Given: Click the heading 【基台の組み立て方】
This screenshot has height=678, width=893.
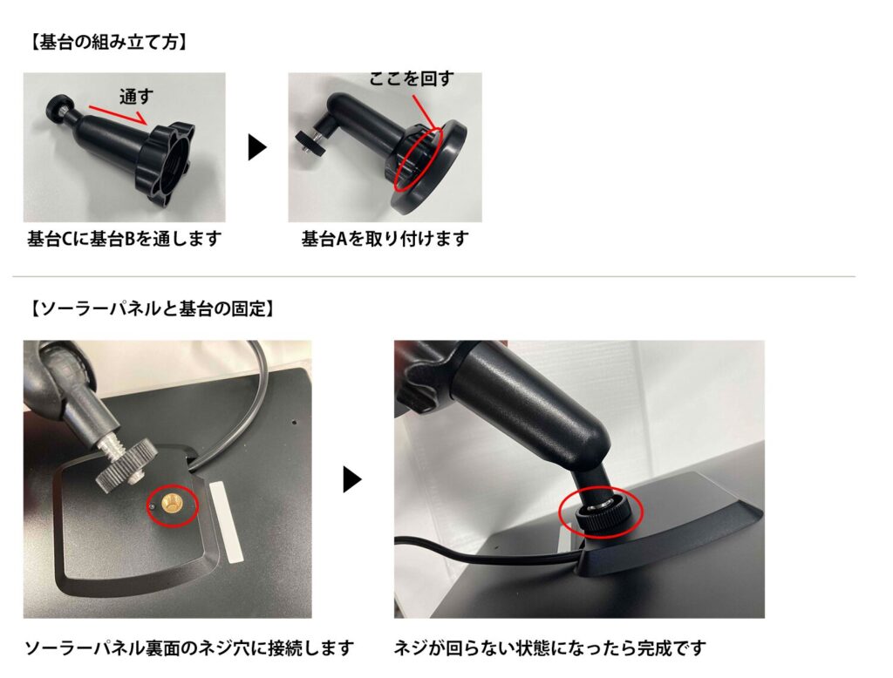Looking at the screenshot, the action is tap(107, 42).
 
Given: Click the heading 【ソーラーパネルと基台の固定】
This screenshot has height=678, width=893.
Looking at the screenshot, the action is tap(152, 309).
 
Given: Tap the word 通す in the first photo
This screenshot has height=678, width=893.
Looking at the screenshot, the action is tap(136, 97).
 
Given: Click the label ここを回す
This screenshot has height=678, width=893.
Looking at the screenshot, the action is tap(412, 78).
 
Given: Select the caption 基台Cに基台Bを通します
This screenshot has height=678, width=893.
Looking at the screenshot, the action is tap(124, 239).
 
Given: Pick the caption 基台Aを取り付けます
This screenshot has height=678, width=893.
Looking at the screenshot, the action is tap(385, 239).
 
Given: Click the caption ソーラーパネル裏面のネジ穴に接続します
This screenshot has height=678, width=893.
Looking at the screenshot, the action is tap(189, 647).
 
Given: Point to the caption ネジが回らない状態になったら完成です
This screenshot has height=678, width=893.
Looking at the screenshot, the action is tap(549, 647).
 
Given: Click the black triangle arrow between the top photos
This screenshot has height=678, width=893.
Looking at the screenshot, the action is tap(257, 148).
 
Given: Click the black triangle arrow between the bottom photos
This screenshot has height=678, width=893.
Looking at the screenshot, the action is tap(352, 480).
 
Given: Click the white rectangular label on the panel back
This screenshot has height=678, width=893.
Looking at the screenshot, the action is tap(226, 521).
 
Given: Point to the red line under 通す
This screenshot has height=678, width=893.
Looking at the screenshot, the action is tap(118, 114).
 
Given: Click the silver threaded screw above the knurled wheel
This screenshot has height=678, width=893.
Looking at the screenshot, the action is tap(112, 447).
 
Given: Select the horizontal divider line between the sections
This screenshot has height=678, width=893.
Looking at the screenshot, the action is tap(434, 276).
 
